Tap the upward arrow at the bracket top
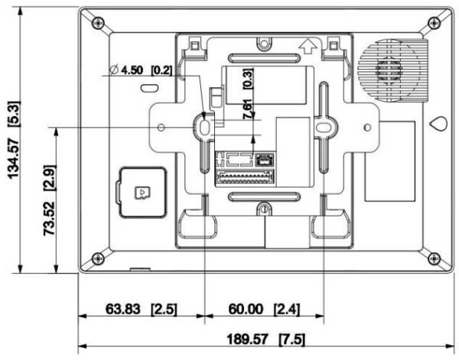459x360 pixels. click(x=308, y=47)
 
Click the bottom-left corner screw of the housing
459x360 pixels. click(x=97, y=257)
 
